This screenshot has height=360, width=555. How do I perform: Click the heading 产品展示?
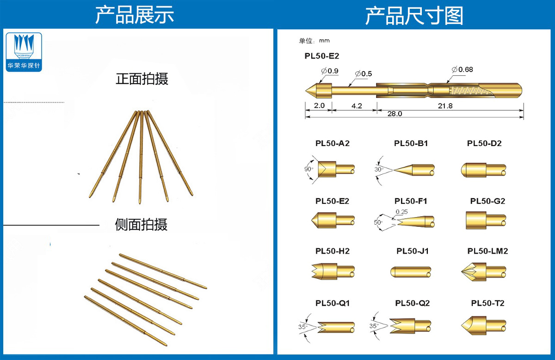(x=135, y=15)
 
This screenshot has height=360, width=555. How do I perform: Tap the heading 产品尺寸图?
(x=414, y=16)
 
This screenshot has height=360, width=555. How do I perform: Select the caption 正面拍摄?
(x=142, y=79)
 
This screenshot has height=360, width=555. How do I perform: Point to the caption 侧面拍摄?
(x=141, y=225)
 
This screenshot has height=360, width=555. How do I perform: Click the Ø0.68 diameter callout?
(x=462, y=70)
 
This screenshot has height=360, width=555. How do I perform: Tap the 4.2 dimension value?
(x=357, y=105)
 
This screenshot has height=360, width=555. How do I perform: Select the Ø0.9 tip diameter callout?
(x=330, y=70)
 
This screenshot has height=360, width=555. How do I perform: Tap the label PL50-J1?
(x=413, y=251)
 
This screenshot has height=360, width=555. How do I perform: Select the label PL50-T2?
(x=487, y=303)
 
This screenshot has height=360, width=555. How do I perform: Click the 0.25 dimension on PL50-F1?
(x=401, y=211)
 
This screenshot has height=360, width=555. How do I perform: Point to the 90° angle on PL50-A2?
(x=308, y=170)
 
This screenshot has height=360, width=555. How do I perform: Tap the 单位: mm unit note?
(x=314, y=41)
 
